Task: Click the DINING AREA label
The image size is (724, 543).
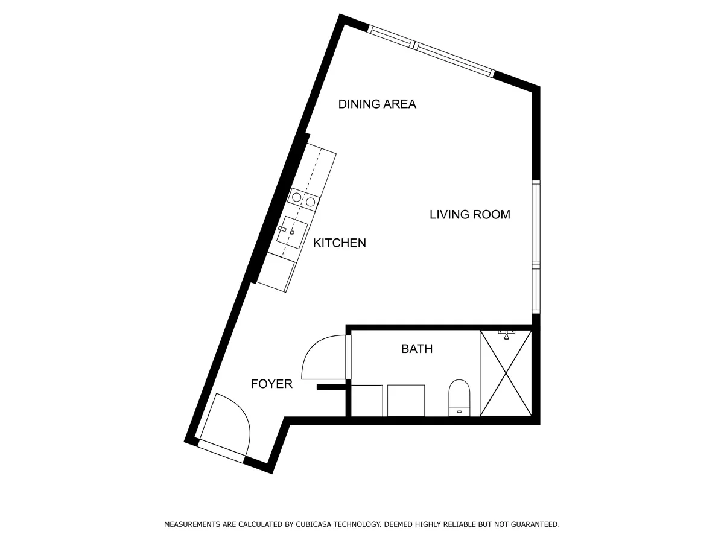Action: [x=377, y=104]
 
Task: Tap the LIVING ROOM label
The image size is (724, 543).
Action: [x=469, y=215]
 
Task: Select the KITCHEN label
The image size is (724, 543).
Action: [x=340, y=243]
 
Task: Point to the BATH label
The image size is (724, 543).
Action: [x=417, y=349]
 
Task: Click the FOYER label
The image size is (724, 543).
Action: [x=271, y=384]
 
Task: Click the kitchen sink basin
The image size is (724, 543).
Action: [x=292, y=232]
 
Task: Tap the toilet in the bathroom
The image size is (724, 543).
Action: [x=459, y=398]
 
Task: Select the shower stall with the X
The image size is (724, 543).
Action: [x=506, y=373]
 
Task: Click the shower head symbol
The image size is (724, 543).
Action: [x=506, y=335]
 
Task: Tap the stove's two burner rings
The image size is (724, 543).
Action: [x=304, y=200]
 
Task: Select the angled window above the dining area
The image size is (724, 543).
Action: [x=431, y=51]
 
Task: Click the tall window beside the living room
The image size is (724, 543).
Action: [x=536, y=247]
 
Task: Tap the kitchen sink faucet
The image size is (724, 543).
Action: [x=282, y=229]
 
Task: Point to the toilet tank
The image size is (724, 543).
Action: [x=459, y=411]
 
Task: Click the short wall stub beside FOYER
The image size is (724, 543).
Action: [x=331, y=387]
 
